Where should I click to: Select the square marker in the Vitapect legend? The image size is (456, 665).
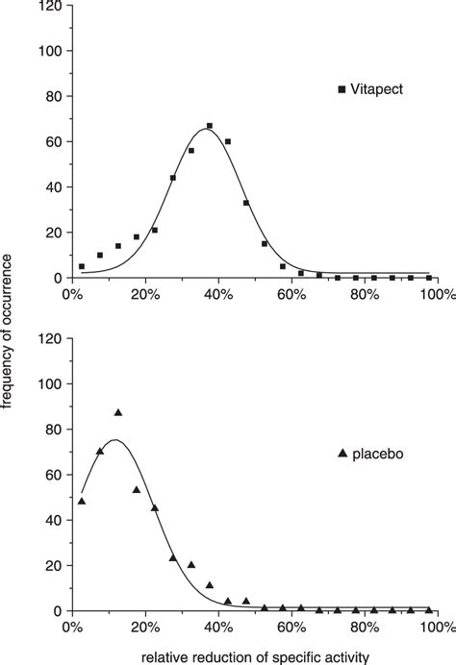pos(342,89)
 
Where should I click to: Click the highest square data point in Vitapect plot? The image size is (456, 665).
pos(209,126)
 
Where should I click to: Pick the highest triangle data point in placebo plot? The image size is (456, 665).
pos(118,412)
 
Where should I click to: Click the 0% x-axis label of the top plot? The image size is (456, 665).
pos(73,295)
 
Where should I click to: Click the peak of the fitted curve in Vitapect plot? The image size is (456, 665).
pos(205,129)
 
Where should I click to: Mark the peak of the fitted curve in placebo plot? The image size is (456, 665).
pos(114,440)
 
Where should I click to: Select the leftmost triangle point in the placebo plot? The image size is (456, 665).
pos(82,501)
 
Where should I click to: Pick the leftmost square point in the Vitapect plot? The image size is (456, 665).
pos(82,266)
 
